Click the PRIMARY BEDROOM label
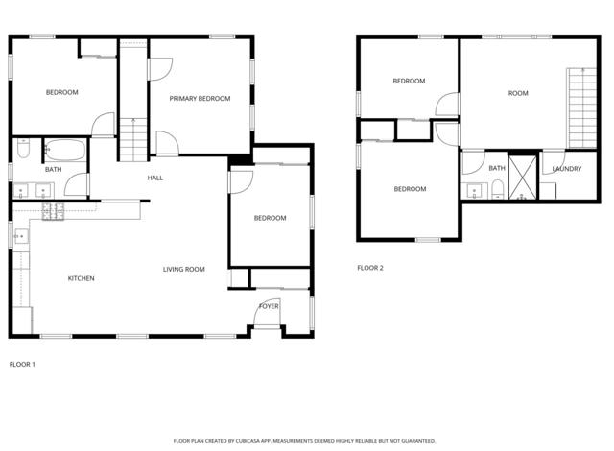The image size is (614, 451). tap(200, 99)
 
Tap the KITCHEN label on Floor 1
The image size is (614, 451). tap(81, 278)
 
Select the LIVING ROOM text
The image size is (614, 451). tap(183, 269)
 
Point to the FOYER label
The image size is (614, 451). tap(269, 305)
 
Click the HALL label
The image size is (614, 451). tap(154, 178)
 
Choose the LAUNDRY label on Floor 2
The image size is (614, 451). tap(566, 169)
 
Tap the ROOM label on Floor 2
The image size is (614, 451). tap(518, 93)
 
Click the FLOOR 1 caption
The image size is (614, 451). tap(22, 365)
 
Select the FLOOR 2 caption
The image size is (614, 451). tap(370, 268)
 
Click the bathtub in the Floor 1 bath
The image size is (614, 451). tap(65, 152)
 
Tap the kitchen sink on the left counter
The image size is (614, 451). tap(19, 235)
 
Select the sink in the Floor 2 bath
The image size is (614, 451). tap(473, 189)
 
